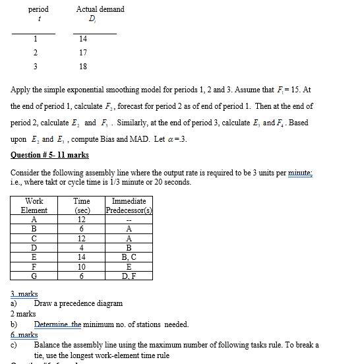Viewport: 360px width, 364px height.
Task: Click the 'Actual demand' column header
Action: pyautogui.click(x=100, y=9)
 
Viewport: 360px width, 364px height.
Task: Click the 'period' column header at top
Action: pyautogui.click(x=38, y=9)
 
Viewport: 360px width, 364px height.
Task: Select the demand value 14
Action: pyautogui.click(x=82, y=39)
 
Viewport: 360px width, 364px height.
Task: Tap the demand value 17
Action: pyautogui.click(x=82, y=53)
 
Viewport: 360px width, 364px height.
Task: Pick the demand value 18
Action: pyautogui.click(x=82, y=67)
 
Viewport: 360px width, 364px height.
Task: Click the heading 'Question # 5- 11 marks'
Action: pyautogui.click(x=49, y=156)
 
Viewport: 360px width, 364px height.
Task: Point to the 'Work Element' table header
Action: pyautogui.click(x=34, y=206)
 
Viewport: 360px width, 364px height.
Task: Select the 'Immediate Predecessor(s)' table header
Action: pyautogui.click(x=129, y=206)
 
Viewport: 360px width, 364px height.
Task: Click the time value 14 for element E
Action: pyautogui.click(x=81, y=257)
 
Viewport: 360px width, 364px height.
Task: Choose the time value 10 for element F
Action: pyautogui.click(x=81, y=266)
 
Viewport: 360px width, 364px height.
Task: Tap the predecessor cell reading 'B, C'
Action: pyautogui.click(x=129, y=257)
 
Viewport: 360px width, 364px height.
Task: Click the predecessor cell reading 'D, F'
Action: pyautogui.click(x=129, y=276)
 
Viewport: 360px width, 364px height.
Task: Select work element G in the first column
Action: pyautogui.click(x=34, y=276)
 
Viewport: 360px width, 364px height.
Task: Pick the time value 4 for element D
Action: pyautogui.click(x=81, y=248)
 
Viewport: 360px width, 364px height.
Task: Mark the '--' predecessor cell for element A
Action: pyautogui.click(x=129, y=220)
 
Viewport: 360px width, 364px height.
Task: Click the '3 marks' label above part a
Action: pyautogui.click(x=24, y=294)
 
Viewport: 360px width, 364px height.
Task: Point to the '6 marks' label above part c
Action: pyautogui.click(x=24, y=335)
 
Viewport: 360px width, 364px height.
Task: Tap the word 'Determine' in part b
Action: pyautogui.click(x=53, y=324)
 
